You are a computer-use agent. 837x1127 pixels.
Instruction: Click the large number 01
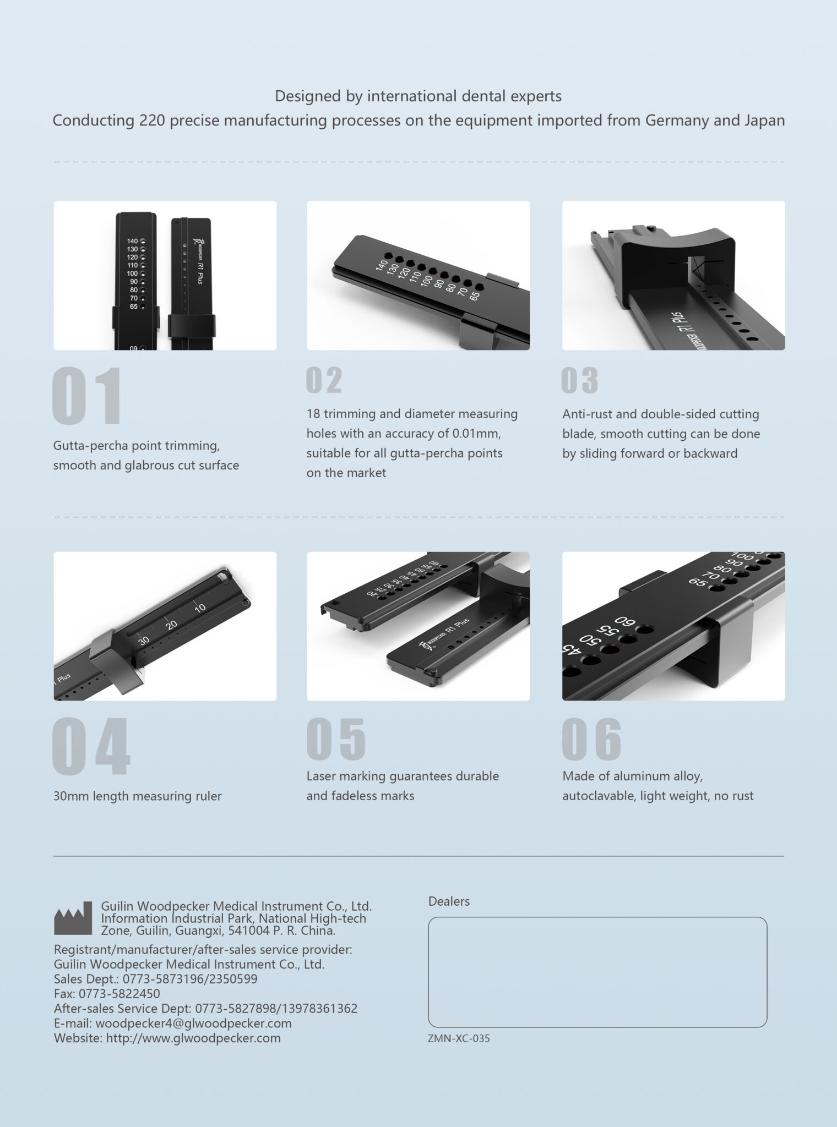pos(87,395)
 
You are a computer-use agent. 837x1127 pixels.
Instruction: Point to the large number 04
pos(91,746)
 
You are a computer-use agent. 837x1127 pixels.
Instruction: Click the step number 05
pos(336,738)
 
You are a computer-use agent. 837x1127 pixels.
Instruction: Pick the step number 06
pos(592,738)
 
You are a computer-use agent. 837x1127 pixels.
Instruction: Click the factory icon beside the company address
pos(73,918)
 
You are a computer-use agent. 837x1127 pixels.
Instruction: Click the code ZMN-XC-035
pos(459,1038)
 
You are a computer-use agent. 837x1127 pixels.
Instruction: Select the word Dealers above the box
pos(449,901)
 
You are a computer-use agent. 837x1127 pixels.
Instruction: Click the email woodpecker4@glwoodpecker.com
pos(193,1023)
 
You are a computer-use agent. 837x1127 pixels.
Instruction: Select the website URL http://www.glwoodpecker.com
pos(193,1038)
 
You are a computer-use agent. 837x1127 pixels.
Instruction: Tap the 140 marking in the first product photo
pos(132,241)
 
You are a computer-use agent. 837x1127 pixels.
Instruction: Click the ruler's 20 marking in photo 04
pos(172,625)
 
